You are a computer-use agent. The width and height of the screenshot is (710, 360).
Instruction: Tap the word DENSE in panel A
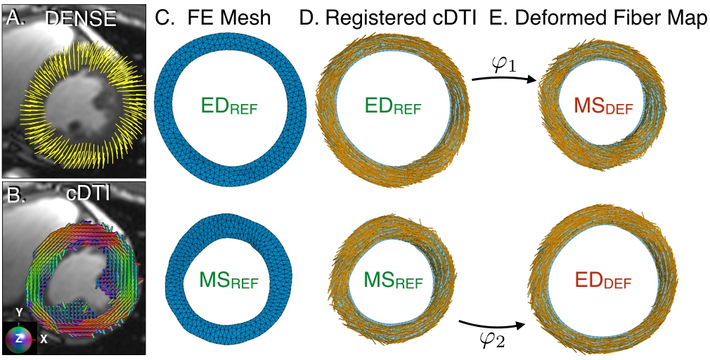click(81, 19)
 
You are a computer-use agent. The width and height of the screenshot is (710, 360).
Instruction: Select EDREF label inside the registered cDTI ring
click(393, 108)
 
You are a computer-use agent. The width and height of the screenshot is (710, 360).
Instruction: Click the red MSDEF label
click(603, 108)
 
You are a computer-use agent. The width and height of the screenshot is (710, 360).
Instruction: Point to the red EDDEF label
click(603, 282)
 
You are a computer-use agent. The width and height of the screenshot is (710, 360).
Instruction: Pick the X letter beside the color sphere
click(44, 338)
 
